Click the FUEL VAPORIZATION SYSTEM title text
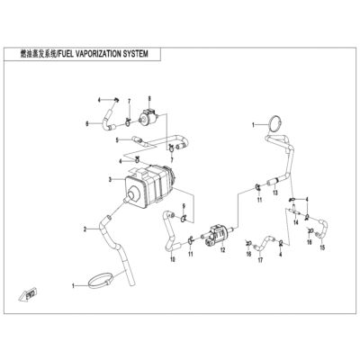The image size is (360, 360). coord(103,54)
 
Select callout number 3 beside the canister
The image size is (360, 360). coord(110,180)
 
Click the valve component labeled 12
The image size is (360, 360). coord(218,235)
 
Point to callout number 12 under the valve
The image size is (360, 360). coord(222,250)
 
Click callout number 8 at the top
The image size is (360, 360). coord(149,98)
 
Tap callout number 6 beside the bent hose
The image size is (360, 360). coord(87,123)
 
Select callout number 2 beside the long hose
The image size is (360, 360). coord(85,229)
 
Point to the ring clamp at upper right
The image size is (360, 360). coord(274,123)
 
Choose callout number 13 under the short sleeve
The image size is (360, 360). coord(275,193)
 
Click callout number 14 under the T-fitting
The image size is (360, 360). coord(296,222)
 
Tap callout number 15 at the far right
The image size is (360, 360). coord(322,247)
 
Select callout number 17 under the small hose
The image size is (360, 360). coord(260,260)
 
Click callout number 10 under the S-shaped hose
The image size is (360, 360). coord(172,259)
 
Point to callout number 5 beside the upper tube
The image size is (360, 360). coord(118,139)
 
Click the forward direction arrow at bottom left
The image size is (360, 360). coord(28,295)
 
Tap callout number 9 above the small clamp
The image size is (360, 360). coord(184,206)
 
